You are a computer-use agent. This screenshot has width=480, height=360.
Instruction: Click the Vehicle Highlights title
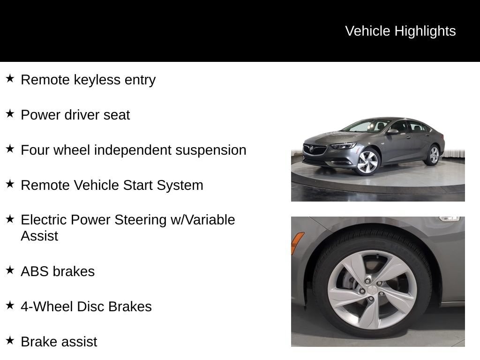400,31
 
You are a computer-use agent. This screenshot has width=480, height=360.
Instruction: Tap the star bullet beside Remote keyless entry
10,78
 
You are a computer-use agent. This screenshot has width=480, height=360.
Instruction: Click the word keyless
97,80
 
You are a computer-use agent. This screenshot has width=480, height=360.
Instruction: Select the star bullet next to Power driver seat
10,113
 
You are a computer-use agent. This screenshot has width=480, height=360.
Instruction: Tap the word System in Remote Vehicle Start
180,186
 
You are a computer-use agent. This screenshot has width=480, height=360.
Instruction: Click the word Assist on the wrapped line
39,236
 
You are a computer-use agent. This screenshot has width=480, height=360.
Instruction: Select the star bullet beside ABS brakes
10,270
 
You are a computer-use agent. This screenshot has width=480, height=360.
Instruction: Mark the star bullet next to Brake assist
10,340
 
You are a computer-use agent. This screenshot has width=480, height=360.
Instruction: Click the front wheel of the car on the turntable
367,162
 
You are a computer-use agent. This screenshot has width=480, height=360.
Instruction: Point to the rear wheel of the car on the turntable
433,155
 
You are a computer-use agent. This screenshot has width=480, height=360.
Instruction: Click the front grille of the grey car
314,150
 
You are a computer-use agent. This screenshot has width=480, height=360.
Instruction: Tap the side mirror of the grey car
392,132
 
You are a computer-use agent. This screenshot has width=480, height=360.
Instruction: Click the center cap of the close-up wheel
372,289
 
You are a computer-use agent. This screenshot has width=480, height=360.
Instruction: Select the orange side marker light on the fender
297,243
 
